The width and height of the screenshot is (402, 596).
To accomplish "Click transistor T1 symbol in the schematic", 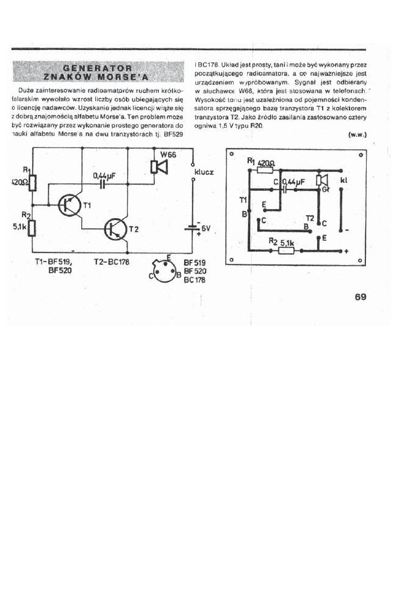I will [x=68, y=206].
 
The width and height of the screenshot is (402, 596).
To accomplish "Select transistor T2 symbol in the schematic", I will [x=115, y=229].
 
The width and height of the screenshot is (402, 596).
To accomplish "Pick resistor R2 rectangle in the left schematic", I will [x=32, y=227].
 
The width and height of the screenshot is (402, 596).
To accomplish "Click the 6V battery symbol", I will [x=194, y=229].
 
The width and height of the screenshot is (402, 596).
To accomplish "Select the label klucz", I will [x=204, y=172].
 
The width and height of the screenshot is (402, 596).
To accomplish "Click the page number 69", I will [x=359, y=297].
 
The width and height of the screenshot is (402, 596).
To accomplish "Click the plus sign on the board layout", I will [x=346, y=251].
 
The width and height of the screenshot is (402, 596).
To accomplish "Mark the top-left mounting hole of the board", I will [x=232, y=154].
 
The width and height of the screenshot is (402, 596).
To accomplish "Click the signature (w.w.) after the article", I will [x=356, y=135].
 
